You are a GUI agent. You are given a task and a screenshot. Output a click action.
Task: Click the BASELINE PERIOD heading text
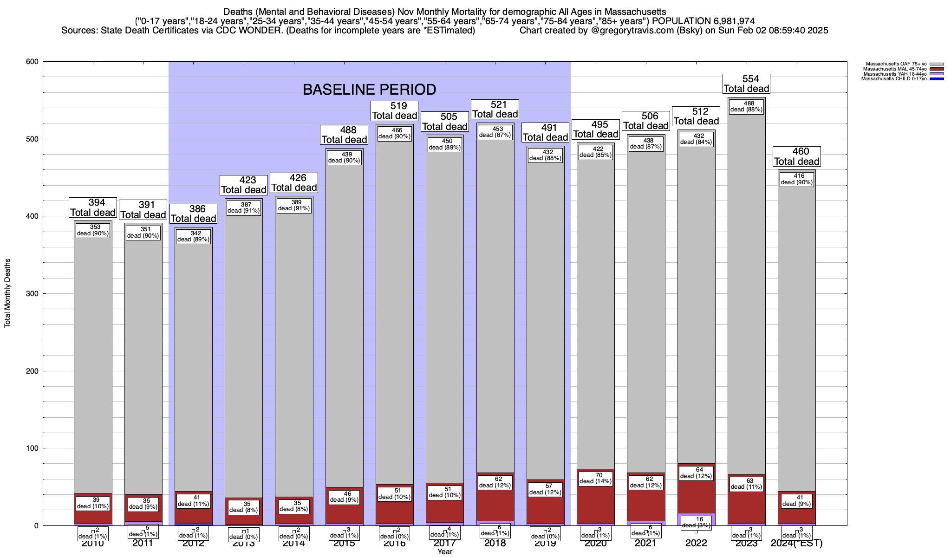tap(369, 90)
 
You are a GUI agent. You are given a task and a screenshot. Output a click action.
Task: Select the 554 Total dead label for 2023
tap(747, 84)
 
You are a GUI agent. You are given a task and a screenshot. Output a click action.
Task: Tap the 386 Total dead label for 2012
tap(194, 214)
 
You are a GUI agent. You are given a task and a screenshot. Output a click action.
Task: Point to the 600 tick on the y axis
tap(32, 62)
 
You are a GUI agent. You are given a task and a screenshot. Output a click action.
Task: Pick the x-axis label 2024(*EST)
tap(796, 543)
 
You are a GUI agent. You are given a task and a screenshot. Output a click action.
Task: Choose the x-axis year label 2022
tap(696, 543)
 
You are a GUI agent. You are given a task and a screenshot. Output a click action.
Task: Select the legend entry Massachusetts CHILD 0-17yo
tap(887, 79)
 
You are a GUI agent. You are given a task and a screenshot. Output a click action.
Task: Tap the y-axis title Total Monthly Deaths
tap(7, 293)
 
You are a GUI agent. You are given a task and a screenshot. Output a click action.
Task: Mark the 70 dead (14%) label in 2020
tap(596, 478)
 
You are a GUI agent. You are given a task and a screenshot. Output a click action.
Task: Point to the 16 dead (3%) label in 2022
tap(696, 522)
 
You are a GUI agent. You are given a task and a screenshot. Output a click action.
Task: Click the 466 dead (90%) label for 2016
tap(394, 133)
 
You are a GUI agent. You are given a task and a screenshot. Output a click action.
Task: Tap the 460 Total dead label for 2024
tap(797, 156)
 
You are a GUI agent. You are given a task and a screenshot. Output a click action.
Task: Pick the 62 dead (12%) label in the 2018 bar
tap(495, 482)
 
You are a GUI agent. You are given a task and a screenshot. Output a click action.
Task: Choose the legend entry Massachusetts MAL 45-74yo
tap(887, 69)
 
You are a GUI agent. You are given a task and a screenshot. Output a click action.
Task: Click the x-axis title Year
tap(444, 552)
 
